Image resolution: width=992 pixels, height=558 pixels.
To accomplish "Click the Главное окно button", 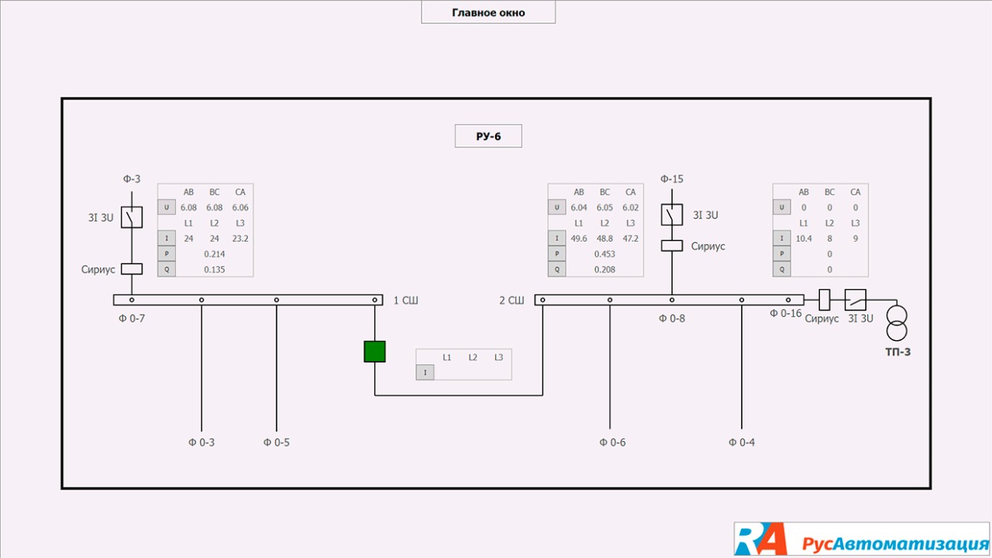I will (488, 12).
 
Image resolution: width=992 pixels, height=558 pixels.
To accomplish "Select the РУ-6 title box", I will (488, 136).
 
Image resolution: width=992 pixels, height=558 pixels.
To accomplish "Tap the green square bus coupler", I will (375, 351).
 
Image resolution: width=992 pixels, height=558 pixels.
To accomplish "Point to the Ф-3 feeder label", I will (131, 179).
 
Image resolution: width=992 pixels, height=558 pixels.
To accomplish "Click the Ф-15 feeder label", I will (672, 179).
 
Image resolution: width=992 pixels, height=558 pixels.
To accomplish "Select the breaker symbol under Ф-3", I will (132, 218).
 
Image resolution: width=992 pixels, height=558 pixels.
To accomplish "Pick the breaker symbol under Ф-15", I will (672, 215).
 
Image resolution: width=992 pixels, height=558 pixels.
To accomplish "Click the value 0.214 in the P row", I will (215, 254).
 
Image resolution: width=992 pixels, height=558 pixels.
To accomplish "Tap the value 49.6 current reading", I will (579, 239).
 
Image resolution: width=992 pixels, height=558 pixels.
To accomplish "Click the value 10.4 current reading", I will (804, 239).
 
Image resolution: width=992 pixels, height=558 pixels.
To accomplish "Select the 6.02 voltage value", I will (630, 208).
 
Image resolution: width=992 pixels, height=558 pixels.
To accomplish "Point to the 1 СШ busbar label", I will (405, 300).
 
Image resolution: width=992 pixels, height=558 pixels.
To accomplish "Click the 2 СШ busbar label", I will (511, 300).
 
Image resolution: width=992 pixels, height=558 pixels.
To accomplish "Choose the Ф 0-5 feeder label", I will (277, 443).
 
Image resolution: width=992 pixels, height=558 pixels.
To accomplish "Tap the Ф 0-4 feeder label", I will (742, 443).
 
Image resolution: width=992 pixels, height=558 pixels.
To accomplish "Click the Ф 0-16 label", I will (786, 313).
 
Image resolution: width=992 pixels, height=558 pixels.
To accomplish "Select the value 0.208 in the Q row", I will (604, 270).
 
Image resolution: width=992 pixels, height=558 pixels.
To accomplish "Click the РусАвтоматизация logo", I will (862, 539).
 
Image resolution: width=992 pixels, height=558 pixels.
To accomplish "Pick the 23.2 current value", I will (240, 239).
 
